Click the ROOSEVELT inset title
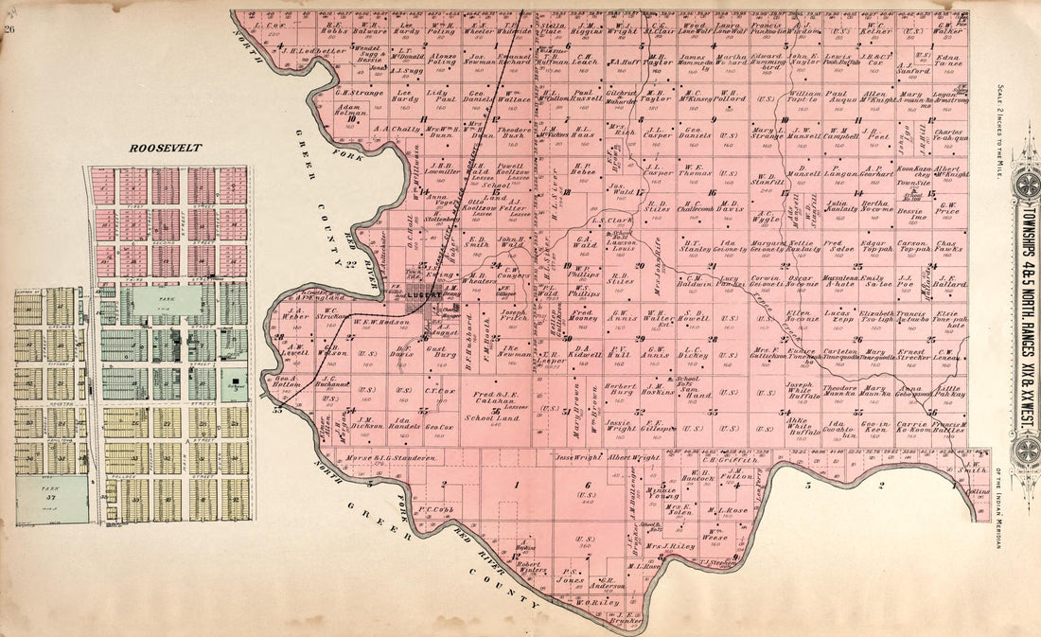167,149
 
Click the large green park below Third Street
167,302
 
